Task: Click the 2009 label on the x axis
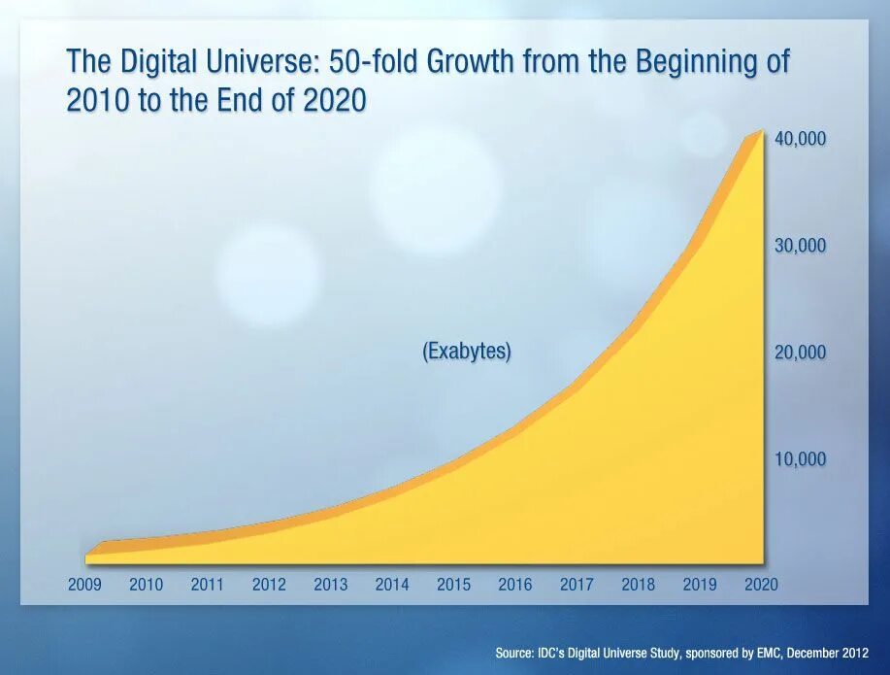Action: pyautogui.click(x=84, y=585)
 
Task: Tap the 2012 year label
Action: pyautogui.click(x=269, y=585)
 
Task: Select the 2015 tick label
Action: pyautogui.click(x=453, y=585)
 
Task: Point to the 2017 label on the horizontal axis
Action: pyautogui.click(x=577, y=585)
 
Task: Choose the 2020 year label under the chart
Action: pyautogui.click(x=762, y=585)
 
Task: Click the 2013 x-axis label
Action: pyautogui.click(x=330, y=585)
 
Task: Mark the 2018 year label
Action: pyautogui.click(x=638, y=585)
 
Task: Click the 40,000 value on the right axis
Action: pyautogui.click(x=800, y=139)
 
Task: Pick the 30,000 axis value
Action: pyautogui.click(x=800, y=246)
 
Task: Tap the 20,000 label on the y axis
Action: pyautogui.click(x=800, y=353)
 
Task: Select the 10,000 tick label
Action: pyautogui.click(x=800, y=458)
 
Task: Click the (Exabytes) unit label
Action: pyautogui.click(x=466, y=352)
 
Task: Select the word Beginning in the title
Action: pyautogui.click(x=692, y=62)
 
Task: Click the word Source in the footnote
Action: pyautogui.click(x=513, y=654)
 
